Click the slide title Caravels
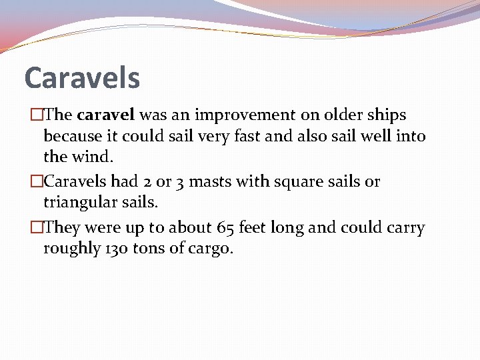(x=82, y=77)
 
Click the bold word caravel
(x=101, y=115)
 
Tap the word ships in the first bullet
(x=386, y=115)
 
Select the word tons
(x=146, y=249)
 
